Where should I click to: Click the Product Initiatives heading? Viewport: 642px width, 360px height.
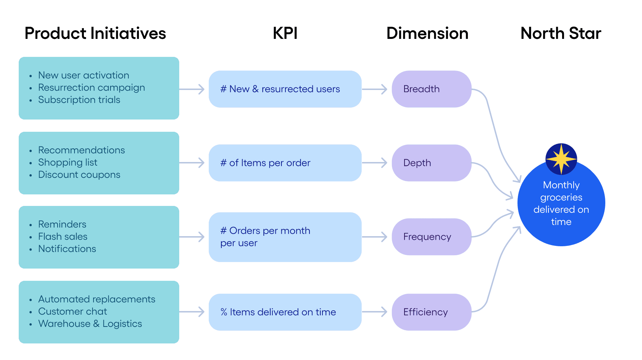click(x=95, y=33)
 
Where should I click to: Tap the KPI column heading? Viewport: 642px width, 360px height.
click(x=285, y=33)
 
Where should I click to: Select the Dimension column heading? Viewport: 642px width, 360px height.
click(x=427, y=33)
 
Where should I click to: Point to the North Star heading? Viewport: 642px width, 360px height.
click(x=561, y=33)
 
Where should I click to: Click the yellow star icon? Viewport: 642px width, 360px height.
click(x=561, y=159)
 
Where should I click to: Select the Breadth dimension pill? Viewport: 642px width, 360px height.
click(x=431, y=89)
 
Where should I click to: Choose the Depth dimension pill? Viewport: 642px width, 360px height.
click(x=431, y=163)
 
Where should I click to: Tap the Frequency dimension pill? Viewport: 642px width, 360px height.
click(x=431, y=237)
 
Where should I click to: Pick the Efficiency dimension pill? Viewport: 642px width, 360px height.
click(x=431, y=312)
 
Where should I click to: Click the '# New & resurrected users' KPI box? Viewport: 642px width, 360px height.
click(x=285, y=89)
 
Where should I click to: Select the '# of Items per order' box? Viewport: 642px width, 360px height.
click(x=285, y=163)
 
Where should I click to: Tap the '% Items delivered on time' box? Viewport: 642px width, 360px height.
click(x=285, y=312)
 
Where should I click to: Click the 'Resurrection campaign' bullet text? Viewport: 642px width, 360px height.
click(x=91, y=87)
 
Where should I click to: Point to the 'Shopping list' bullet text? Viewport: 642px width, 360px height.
click(x=68, y=162)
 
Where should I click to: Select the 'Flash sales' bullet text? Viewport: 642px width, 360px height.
click(x=63, y=237)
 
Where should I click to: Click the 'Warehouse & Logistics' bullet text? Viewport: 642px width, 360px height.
click(x=90, y=324)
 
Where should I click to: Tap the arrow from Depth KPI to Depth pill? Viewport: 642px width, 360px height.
click(x=375, y=163)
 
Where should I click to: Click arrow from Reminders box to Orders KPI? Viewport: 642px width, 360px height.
click(x=192, y=237)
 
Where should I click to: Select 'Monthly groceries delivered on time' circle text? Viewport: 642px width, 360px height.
click(x=561, y=203)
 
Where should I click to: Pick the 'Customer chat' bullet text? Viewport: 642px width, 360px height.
click(x=72, y=311)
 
